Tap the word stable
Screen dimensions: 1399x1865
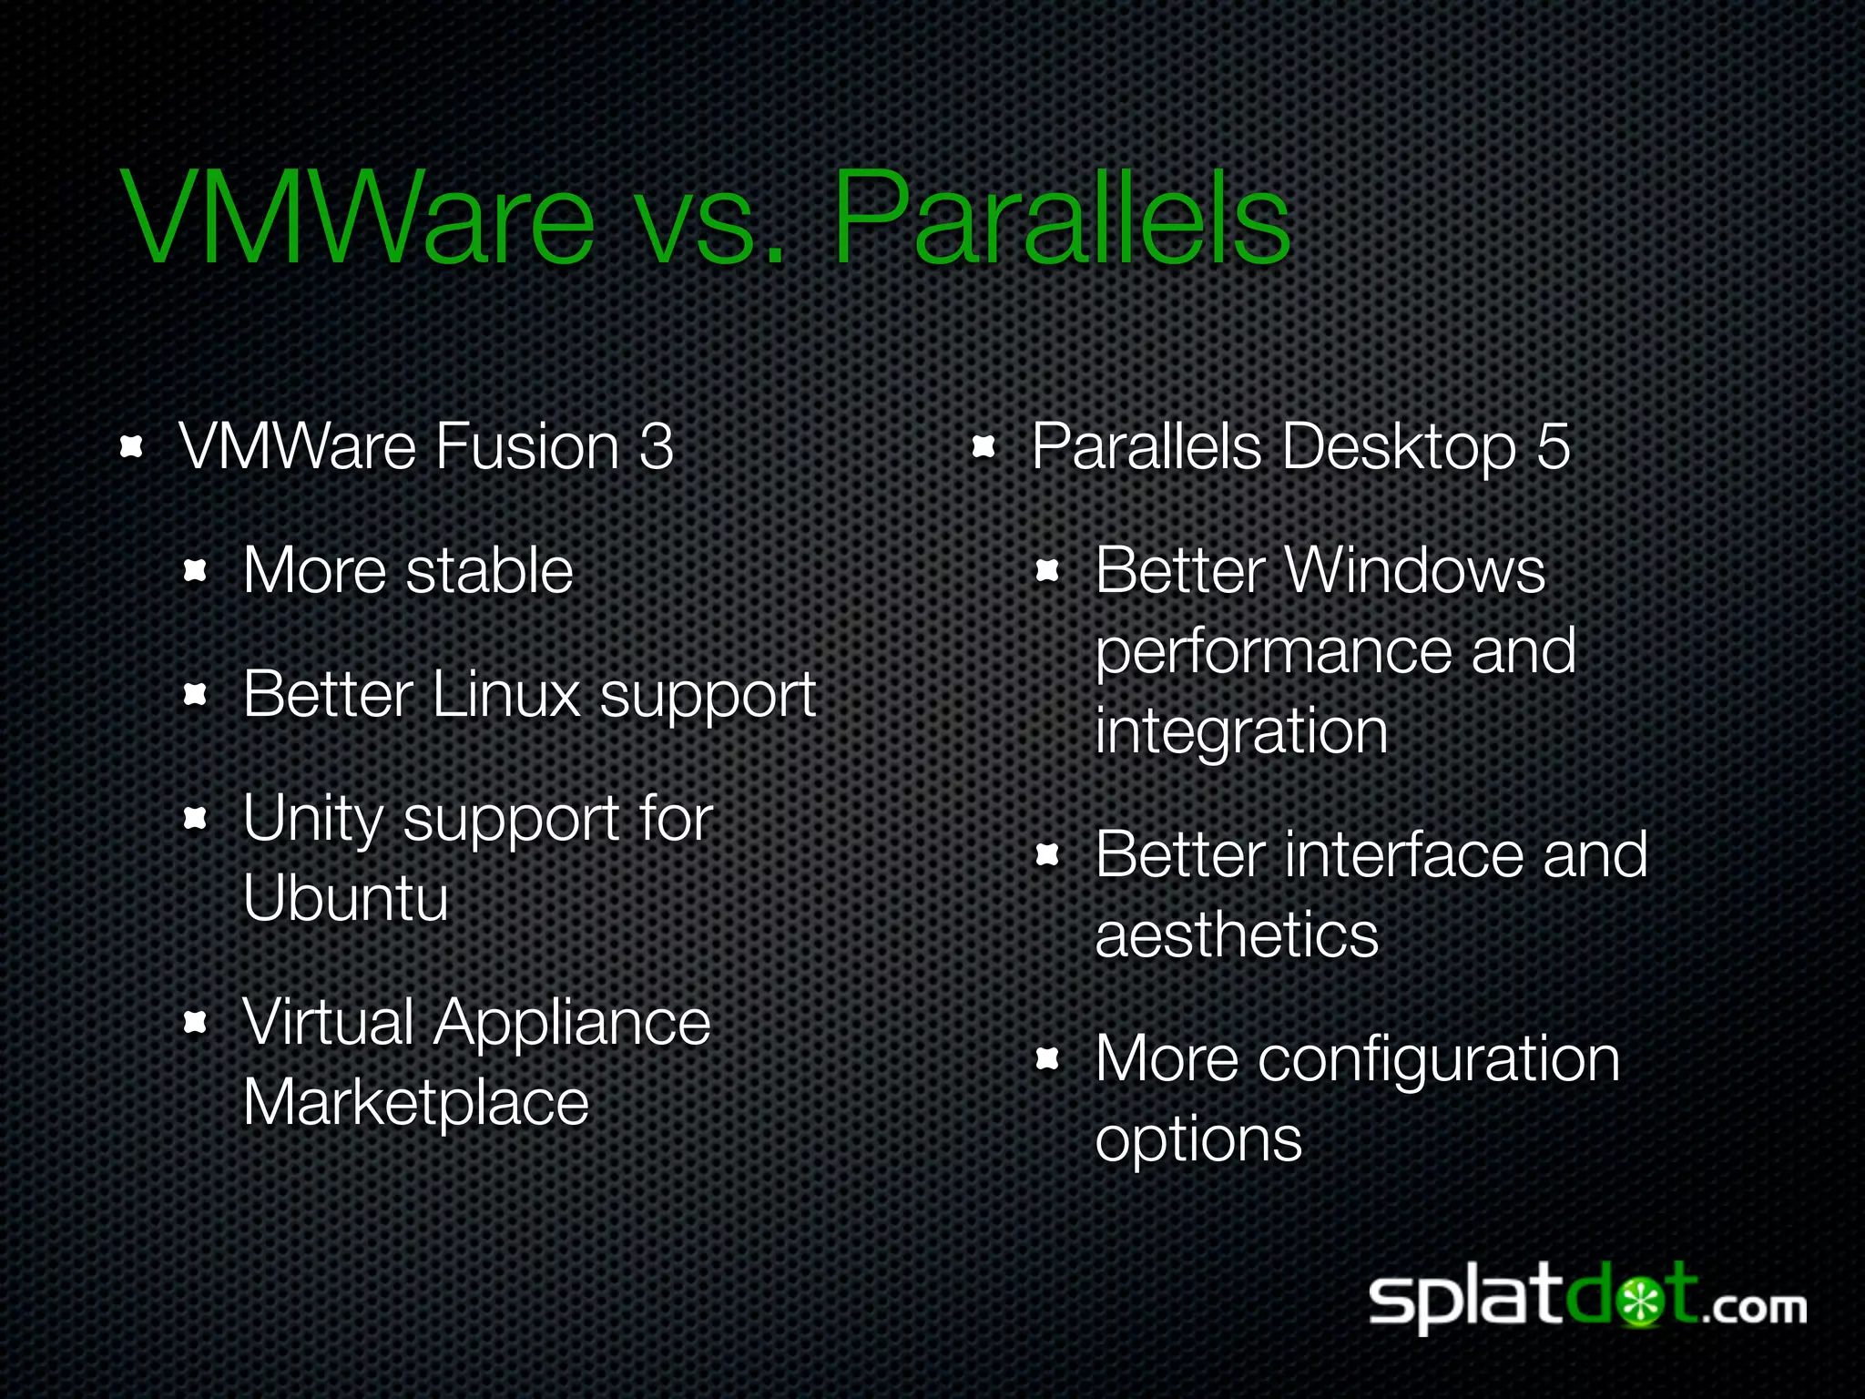[x=489, y=571]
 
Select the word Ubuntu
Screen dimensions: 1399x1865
[x=346, y=898]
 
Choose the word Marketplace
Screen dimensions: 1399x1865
[x=416, y=1103]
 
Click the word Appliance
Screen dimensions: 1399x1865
[x=572, y=1023]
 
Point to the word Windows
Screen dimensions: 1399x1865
[x=1416, y=571]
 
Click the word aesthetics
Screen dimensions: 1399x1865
[x=1237, y=935]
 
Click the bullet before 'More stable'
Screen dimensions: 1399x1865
[x=196, y=571]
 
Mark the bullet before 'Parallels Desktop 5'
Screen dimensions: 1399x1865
[x=983, y=446]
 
